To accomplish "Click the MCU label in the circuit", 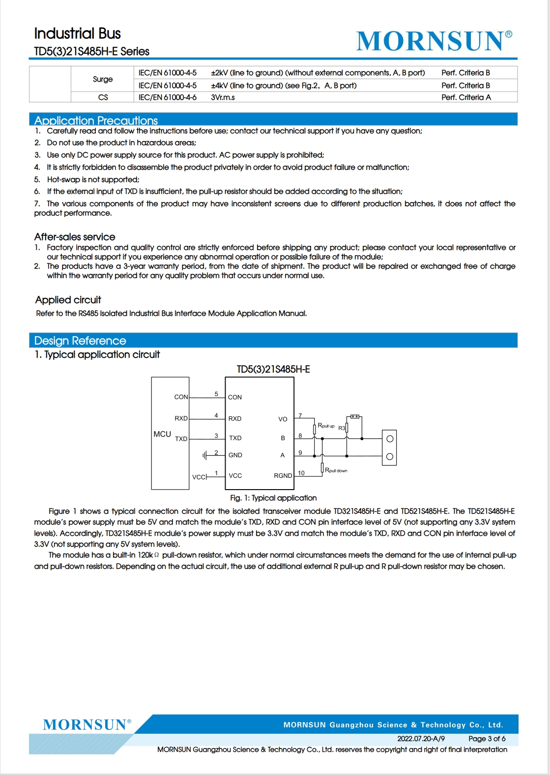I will tap(162, 434).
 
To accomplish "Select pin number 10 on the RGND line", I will tap(301, 473).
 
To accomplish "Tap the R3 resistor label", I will tap(342, 428).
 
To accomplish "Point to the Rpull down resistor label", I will tap(336, 470).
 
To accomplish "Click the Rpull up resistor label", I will tap(326, 426).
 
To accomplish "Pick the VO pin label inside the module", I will tap(283, 419).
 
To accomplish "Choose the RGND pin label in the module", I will tap(283, 476).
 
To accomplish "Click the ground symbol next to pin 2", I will tap(204, 456).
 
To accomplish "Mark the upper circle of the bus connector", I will tap(390, 439).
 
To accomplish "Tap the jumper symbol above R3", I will tap(354, 417).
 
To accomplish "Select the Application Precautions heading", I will tap(96, 120).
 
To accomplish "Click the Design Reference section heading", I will tap(80, 341).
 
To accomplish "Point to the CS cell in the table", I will tap(103, 97).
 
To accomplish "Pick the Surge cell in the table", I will tap(103, 79).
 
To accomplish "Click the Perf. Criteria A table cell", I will tap(466, 97).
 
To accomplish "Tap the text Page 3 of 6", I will tap(487, 739).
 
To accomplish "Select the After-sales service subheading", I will tap(75, 237).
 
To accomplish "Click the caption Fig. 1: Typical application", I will tap(273, 498).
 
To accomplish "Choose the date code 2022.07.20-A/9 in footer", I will tap(421, 739).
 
